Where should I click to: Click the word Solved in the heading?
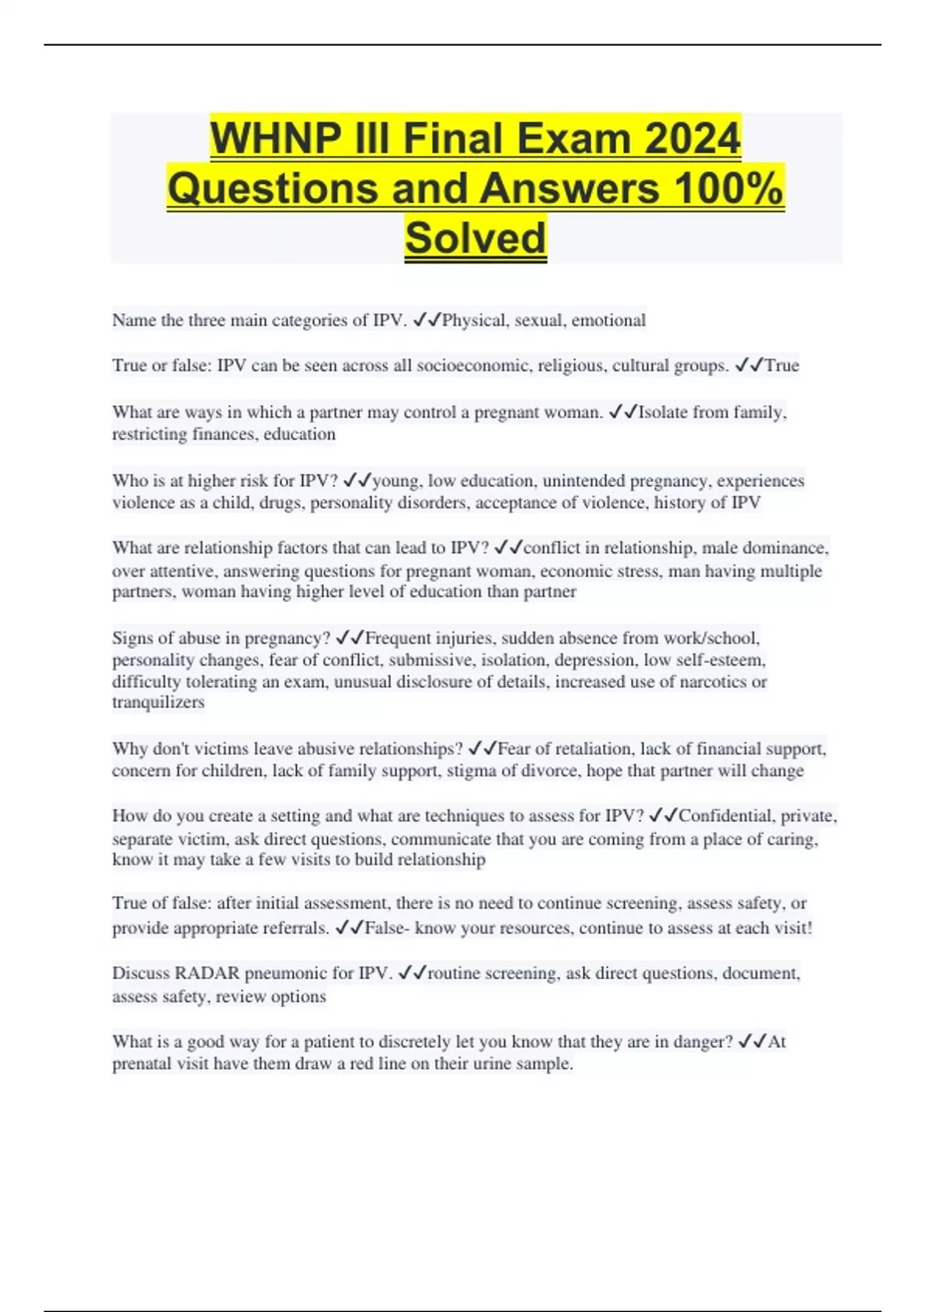475,238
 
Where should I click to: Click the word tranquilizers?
158,702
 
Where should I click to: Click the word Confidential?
726,816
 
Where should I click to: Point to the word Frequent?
399,638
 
